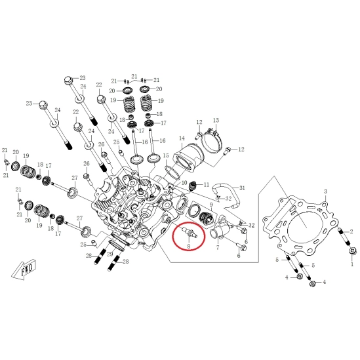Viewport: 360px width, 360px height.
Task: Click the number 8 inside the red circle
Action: [189, 247]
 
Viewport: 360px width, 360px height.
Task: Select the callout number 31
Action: [242, 188]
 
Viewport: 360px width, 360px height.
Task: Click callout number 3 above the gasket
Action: [325, 191]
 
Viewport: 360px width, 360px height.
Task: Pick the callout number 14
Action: [182, 138]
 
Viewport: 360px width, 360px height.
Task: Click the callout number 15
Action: [166, 155]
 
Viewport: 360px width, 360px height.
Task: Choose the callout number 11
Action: [207, 184]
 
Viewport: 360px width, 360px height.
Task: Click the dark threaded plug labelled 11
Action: [193, 186]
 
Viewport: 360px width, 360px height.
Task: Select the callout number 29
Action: [110, 254]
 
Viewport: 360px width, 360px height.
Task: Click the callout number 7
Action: [218, 247]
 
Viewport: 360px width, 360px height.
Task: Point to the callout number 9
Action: [211, 205]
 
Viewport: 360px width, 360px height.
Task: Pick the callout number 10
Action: [184, 183]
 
